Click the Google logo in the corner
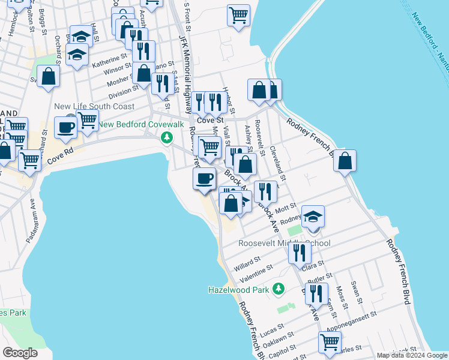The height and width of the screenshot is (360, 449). coord(20,353)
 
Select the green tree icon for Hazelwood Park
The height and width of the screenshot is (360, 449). coord(279,289)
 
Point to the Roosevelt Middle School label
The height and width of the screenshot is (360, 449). coord(284,244)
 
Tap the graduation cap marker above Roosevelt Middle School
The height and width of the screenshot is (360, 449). coord(313,217)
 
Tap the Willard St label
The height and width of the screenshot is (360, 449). coord(247,263)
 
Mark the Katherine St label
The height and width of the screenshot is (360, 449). coord(110,60)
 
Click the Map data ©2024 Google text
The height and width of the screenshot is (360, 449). coord(411,355)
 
